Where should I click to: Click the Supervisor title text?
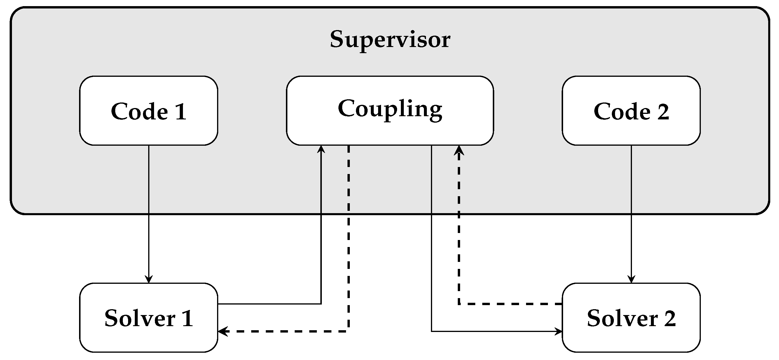coord(390,40)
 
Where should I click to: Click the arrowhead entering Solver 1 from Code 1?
coord(149,279)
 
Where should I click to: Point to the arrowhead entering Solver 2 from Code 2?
coord(631,279)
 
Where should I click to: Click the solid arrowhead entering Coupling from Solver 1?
coord(321,149)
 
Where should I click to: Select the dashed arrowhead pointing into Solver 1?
coord(222,332)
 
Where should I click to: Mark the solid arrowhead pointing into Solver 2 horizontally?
coord(558,332)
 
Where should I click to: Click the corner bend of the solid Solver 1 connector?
coord(321,304)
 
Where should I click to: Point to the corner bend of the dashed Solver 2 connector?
coord(459,304)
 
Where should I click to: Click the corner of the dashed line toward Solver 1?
coord(349,332)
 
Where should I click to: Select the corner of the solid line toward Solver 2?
coord(431,332)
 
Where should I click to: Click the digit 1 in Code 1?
coord(181,112)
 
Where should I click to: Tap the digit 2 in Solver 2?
coord(670,319)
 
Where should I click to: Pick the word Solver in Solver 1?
coord(140,319)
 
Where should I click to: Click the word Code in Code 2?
coord(622,112)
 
